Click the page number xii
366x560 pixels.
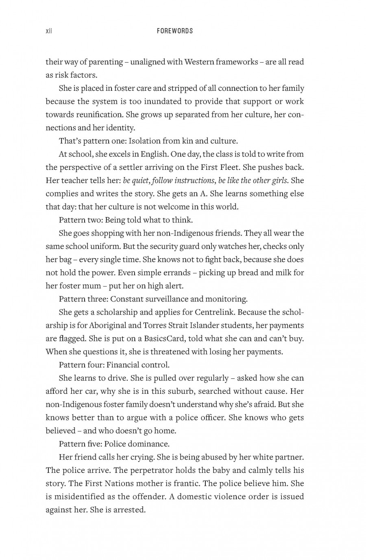coord(49,31)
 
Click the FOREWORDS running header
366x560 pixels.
coord(175,31)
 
